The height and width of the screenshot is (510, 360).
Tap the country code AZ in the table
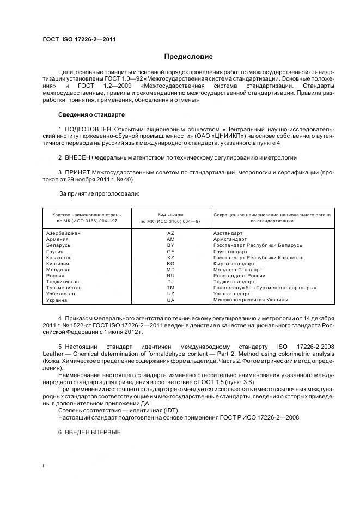170,233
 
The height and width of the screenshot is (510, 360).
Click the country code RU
170,276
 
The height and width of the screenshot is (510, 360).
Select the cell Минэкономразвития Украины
251,300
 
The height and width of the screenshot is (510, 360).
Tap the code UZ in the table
170,294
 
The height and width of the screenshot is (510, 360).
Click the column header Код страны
170,214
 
